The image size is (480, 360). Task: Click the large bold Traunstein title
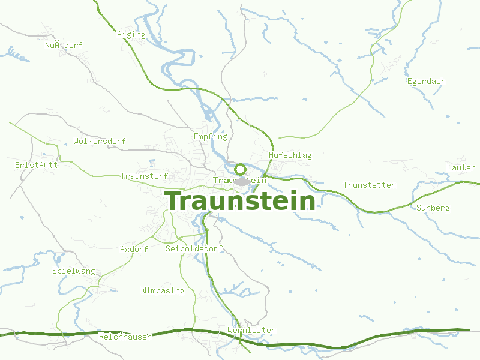tap(241, 201)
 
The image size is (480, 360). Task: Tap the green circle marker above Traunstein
tap(240, 169)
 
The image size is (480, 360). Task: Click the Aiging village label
tap(131, 35)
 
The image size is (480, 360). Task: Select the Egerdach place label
tap(426, 82)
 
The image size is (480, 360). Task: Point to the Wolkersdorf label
tap(100, 142)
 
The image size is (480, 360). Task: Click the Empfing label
tap(210, 137)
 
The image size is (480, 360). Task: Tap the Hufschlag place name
tap(290, 155)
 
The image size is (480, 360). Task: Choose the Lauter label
tap(461, 167)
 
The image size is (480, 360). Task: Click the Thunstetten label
tap(369, 185)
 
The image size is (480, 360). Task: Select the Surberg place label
tap(433, 208)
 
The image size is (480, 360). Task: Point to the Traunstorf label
tap(144, 176)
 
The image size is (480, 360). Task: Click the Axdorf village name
tap(134, 249)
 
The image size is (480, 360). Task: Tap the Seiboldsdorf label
tap(194, 248)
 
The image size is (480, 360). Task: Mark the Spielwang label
tap(74, 271)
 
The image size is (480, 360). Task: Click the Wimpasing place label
tap(163, 291)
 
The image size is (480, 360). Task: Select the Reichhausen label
tap(125, 337)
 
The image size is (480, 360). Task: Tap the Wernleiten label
tap(251, 331)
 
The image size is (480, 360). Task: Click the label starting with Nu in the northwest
tap(64, 46)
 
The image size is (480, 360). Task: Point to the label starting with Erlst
tap(36, 165)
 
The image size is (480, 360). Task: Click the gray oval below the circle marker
tap(242, 181)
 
